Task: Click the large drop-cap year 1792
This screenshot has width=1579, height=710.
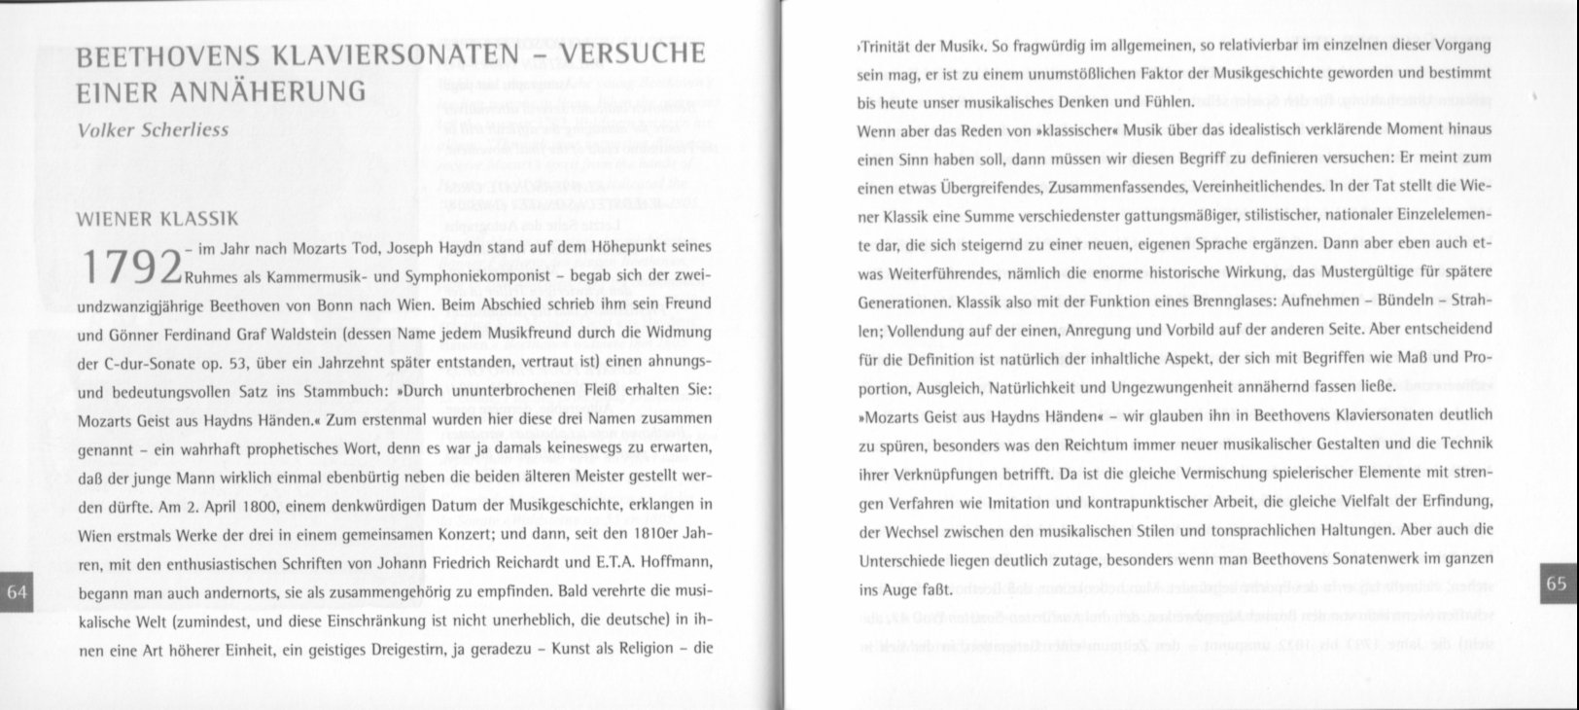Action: click(x=132, y=269)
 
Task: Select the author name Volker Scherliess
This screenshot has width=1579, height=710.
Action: click(x=153, y=129)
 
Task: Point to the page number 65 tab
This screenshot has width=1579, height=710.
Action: click(x=1556, y=583)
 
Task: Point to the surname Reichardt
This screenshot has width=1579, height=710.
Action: click(x=515, y=564)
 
